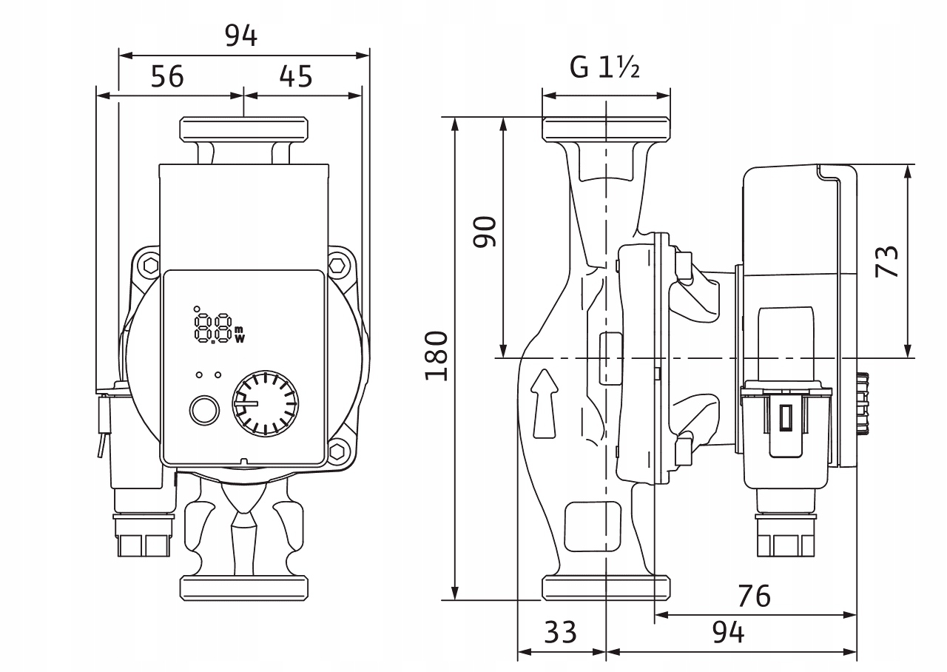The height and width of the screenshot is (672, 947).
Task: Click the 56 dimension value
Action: [167, 76]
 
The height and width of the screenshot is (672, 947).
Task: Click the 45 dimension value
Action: [296, 76]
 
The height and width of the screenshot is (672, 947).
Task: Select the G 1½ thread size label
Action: [604, 68]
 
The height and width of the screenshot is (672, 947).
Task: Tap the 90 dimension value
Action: [485, 232]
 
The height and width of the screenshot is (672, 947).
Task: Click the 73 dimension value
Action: [887, 261]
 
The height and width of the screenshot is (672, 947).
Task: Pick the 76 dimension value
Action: [754, 595]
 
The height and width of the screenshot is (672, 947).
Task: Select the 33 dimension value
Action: [560, 632]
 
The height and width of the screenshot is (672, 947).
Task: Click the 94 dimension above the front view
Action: [241, 36]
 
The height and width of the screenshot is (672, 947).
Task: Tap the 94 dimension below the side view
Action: [728, 632]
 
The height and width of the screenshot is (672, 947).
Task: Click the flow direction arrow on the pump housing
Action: [545, 403]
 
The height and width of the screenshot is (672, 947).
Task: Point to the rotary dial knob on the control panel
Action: [265, 404]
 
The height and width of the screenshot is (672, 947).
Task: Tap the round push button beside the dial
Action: [204, 409]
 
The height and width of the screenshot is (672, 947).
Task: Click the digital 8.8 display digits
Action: [212, 326]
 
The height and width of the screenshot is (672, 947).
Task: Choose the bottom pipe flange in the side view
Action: [607, 587]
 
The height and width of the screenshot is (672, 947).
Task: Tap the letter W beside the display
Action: [239, 340]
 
